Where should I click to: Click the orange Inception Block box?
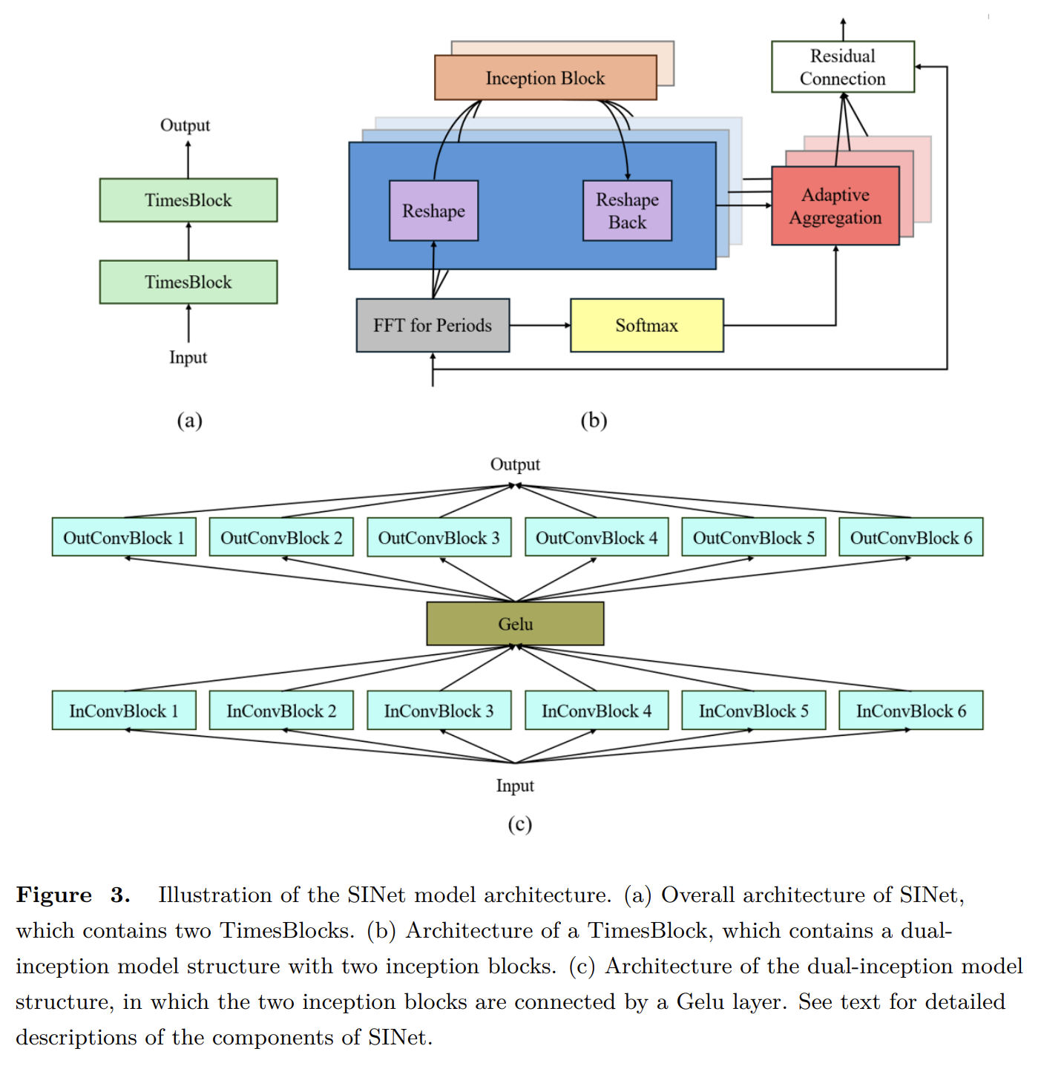click(545, 77)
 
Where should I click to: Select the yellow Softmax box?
click(646, 326)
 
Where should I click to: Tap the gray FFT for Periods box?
click(433, 326)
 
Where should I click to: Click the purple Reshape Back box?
click(627, 211)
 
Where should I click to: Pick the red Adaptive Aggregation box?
click(835, 206)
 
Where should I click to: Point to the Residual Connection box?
click(843, 67)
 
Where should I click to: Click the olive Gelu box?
click(515, 624)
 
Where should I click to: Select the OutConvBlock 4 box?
click(597, 537)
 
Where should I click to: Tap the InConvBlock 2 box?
click(281, 711)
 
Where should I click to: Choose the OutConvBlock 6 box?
click(910, 537)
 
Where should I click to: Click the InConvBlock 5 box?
click(753, 711)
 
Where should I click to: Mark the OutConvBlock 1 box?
click(124, 537)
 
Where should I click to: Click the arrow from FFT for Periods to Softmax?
click(539, 326)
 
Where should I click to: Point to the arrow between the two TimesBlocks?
click(188, 241)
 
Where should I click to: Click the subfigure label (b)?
click(594, 421)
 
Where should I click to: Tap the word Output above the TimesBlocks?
click(185, 125)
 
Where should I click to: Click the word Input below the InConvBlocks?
click(515, 786)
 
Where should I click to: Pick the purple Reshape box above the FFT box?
click(433, 211)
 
